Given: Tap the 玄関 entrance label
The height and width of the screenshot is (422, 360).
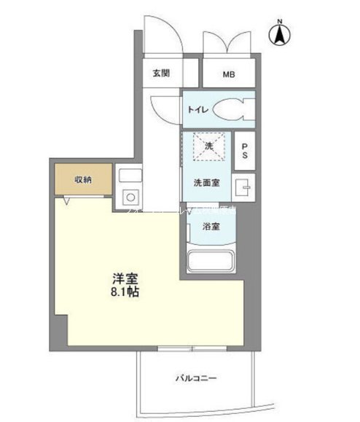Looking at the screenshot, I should (x=161, y=73).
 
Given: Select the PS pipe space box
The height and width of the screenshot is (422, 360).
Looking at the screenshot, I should (x=245, y=150).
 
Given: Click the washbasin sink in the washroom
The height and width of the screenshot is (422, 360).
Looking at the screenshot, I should (x=243, y=187).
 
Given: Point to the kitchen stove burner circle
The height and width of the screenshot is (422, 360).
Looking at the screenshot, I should (x=131, y=197).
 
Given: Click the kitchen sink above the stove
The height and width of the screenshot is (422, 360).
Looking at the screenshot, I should (x=130, y=176).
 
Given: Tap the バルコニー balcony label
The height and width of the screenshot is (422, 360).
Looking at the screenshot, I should (x=195, y=378).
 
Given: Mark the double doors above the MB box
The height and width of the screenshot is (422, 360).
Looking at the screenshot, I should (x=230, y=36).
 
